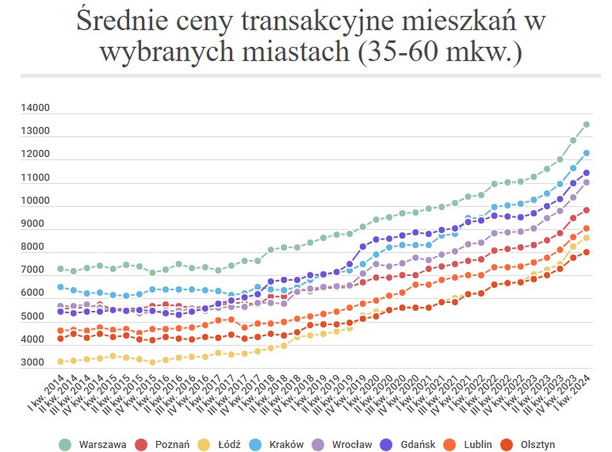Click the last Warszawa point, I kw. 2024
[587, 124]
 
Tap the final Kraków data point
[587, 153]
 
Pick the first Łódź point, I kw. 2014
[60, 362]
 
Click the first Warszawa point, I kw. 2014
[60, 269]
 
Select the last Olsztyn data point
[587, 252]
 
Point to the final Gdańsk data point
[587, 173]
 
